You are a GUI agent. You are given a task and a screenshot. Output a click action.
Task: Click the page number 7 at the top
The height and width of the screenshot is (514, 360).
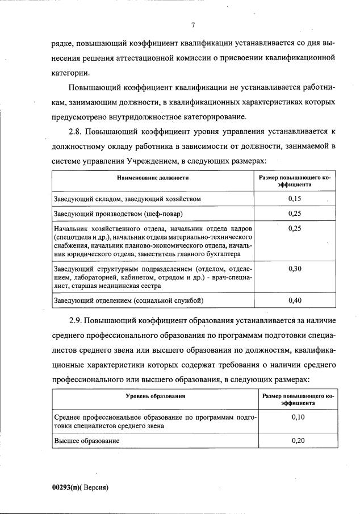[x=193, y=25]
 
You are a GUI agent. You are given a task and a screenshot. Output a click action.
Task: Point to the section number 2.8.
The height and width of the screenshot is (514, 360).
[x=77, y=132]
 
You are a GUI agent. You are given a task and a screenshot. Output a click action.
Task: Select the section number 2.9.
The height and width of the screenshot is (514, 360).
[x=77, y=320]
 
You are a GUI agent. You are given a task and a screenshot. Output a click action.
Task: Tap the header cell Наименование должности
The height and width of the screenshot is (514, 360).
[x=153, y=178]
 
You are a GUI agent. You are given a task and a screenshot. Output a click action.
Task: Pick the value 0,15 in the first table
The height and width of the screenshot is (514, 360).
[x=294, y=198]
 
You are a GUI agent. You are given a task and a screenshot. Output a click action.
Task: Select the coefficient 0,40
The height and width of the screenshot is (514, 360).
[x=294, y=299]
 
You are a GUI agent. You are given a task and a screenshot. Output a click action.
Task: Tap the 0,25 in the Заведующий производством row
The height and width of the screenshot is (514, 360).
[x=294, y=214]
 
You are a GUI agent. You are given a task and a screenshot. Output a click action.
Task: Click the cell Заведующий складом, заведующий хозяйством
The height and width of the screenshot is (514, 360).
[x=128, y=199]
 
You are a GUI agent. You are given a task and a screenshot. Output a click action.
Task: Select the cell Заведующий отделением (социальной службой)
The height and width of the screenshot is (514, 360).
[x=128, y=299]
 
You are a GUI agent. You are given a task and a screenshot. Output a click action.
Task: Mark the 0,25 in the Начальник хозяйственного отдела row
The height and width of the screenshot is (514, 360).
[x=294, y=228]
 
